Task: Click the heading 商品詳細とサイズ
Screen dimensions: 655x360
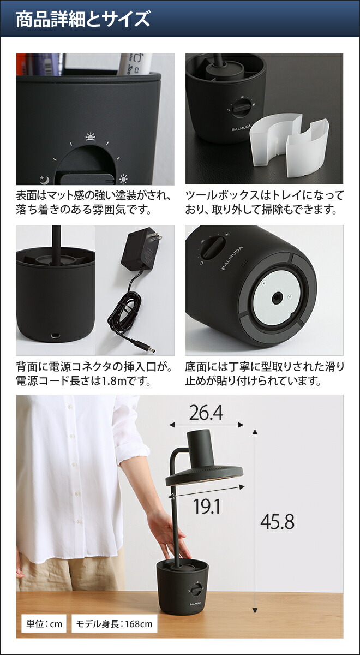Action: (82, 20)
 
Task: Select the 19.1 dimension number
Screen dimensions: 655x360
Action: (207, 507)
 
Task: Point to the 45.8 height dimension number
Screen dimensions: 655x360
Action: (277, 522)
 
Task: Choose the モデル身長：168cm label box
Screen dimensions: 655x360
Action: (114, 623)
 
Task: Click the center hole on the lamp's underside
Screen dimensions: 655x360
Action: (278, 297)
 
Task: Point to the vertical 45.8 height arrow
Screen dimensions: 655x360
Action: (255, 521)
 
